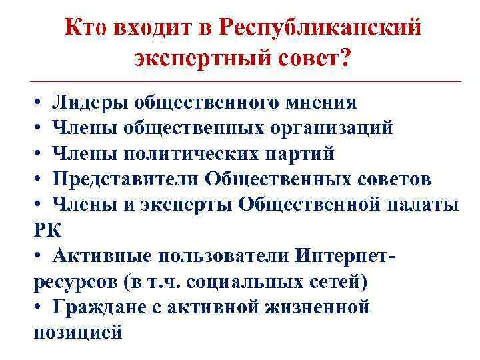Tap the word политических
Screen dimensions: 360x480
[191, 154]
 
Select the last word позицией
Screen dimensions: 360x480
[77, 332]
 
